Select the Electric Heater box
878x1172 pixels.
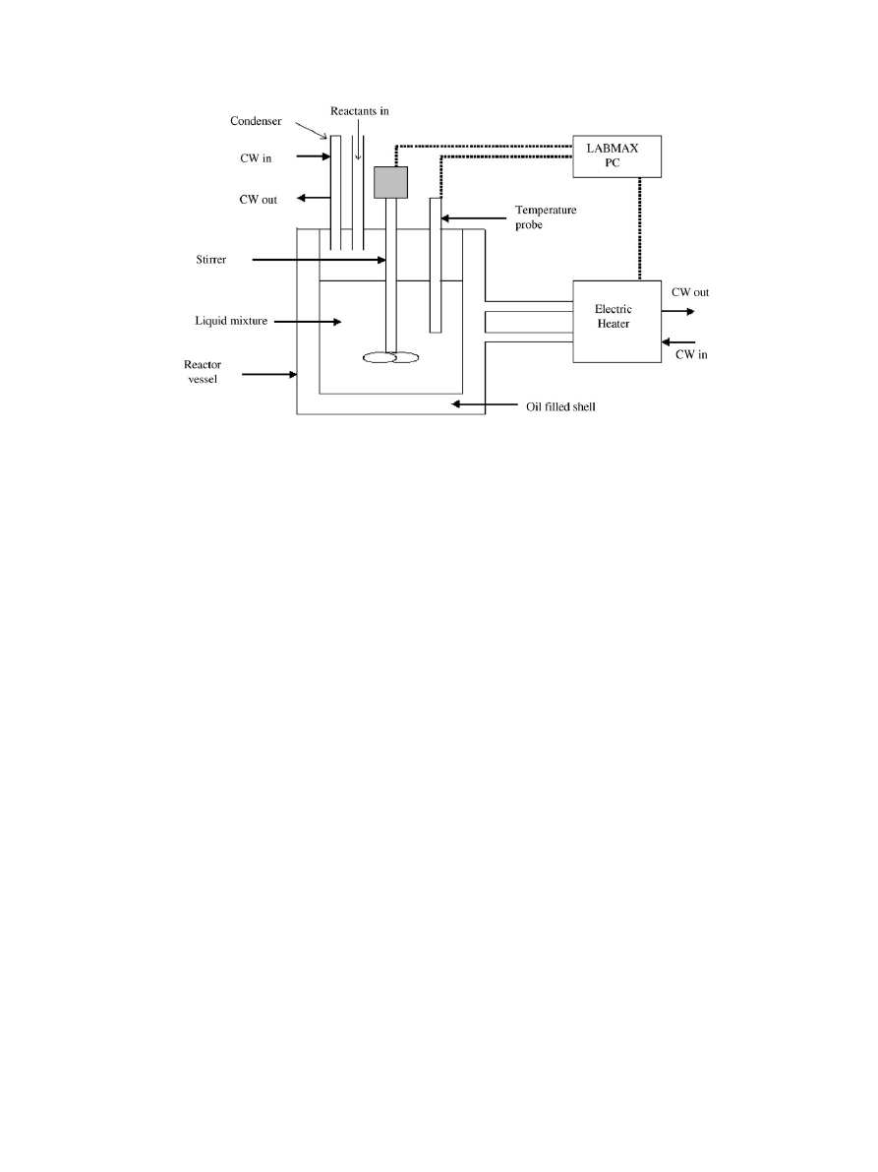point(616,321)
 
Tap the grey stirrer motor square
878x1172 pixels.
point(390,183)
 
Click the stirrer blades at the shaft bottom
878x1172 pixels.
point(390,358)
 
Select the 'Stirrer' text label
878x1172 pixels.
point(210,261)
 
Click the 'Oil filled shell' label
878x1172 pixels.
point(556,403)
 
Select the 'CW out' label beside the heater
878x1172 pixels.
point(689,292)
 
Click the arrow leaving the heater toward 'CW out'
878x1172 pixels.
point(678,311)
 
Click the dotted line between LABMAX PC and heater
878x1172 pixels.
point(640,229)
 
